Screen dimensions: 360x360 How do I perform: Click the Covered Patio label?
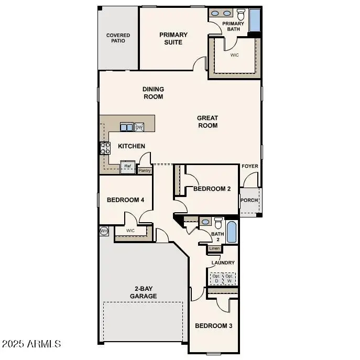[118, 38]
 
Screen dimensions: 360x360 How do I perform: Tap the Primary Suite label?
[173, 38]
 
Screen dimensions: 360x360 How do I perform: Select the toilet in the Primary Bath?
[241, 14]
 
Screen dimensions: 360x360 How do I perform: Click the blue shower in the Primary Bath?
[255, 20]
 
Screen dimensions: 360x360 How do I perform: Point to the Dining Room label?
[153, 93]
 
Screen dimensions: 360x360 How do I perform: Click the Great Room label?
[208, 122]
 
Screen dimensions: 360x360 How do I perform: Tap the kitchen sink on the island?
[126, 127]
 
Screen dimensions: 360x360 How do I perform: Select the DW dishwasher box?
[139, 127]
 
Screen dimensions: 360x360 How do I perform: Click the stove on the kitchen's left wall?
[105, 148]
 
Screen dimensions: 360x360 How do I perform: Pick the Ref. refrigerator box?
[127, 167]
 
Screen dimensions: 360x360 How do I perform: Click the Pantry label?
[145, 170]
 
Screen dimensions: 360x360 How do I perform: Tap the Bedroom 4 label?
[125, 200]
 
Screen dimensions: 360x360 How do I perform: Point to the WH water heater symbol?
[104, 231]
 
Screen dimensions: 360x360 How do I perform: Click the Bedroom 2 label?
[212, 189]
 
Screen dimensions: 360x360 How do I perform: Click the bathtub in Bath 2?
[231, 231]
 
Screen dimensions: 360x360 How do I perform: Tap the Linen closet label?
[214, 248]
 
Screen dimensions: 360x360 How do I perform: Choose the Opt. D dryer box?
[216, 278]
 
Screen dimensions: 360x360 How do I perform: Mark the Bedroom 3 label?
[213, 326]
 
